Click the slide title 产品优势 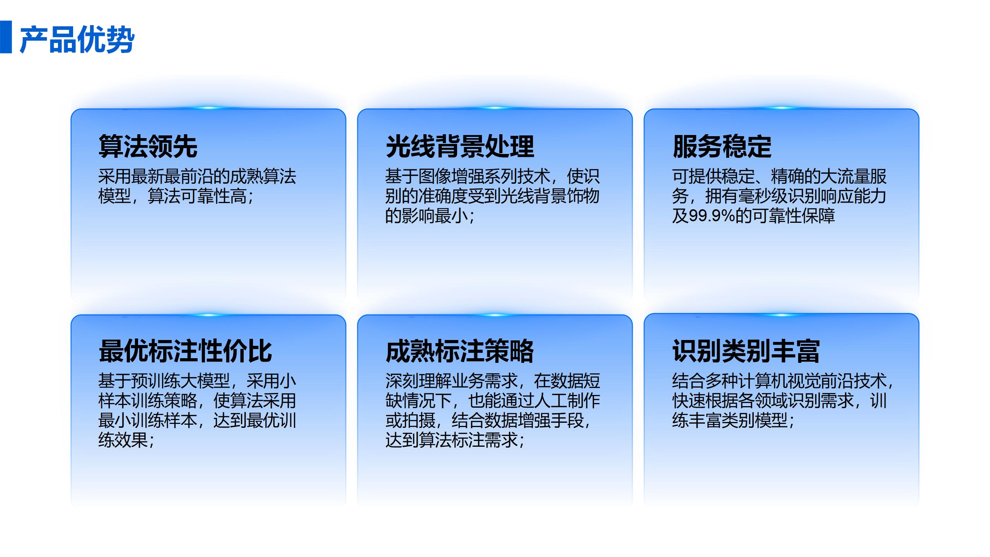(x=77, y=39)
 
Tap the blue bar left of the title (x=6, y=37)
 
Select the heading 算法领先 (x=148, y=146)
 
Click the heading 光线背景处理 (x=460, y=146)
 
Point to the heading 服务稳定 (x=722, y=146)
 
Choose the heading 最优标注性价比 (x=185, y=351)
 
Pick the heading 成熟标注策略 (x=460, y=351)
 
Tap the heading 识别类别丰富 (x=746, y=351)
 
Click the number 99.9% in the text (x=712, y=215)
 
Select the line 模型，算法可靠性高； (x=176, y=196)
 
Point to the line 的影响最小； (x=430, y=215)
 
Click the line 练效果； (x=126, y=440)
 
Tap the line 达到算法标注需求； (x=455, y=440)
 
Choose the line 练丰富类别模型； (x=733, y=420)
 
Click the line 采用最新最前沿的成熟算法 (x=197, y=176)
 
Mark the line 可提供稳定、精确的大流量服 (x=779, y=176)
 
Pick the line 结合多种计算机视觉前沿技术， (x=783, y=381)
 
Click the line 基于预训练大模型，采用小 (x=197, y=381)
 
